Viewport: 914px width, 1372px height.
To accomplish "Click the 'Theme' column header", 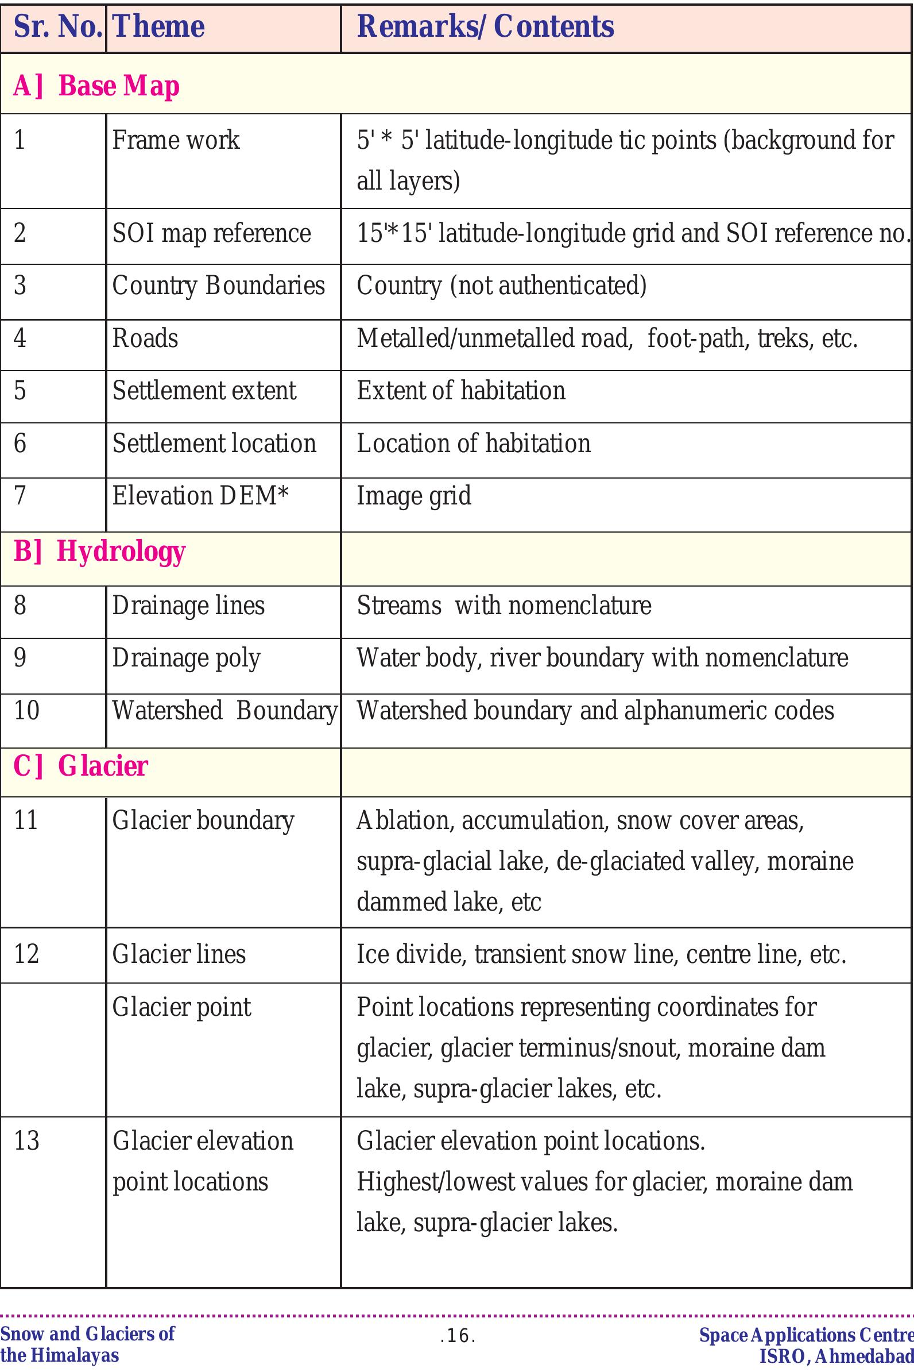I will coord(158,27).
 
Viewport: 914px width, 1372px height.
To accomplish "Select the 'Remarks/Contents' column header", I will coord(485,27).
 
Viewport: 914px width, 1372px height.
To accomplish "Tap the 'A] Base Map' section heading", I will coord(96,86).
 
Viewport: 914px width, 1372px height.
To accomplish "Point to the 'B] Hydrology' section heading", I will coord(99,551).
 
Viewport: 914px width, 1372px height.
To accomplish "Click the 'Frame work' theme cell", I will coord(176,140).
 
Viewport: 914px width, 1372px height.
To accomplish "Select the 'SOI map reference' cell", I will coord(211,233).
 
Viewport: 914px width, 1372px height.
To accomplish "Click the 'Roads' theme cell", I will coord(145,338).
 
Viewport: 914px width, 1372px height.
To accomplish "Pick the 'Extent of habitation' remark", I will coord(460,391).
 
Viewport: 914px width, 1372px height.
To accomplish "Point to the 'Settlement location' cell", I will coord(214,444).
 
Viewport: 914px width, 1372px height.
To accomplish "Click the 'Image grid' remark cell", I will coord(414,496).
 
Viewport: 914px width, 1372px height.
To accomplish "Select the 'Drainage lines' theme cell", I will coord(188,606).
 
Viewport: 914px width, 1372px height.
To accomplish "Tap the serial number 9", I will coord(20,658).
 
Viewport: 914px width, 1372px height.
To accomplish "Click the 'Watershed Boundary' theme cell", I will coord(224,711).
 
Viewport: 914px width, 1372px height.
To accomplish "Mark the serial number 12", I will coord(26,954).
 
